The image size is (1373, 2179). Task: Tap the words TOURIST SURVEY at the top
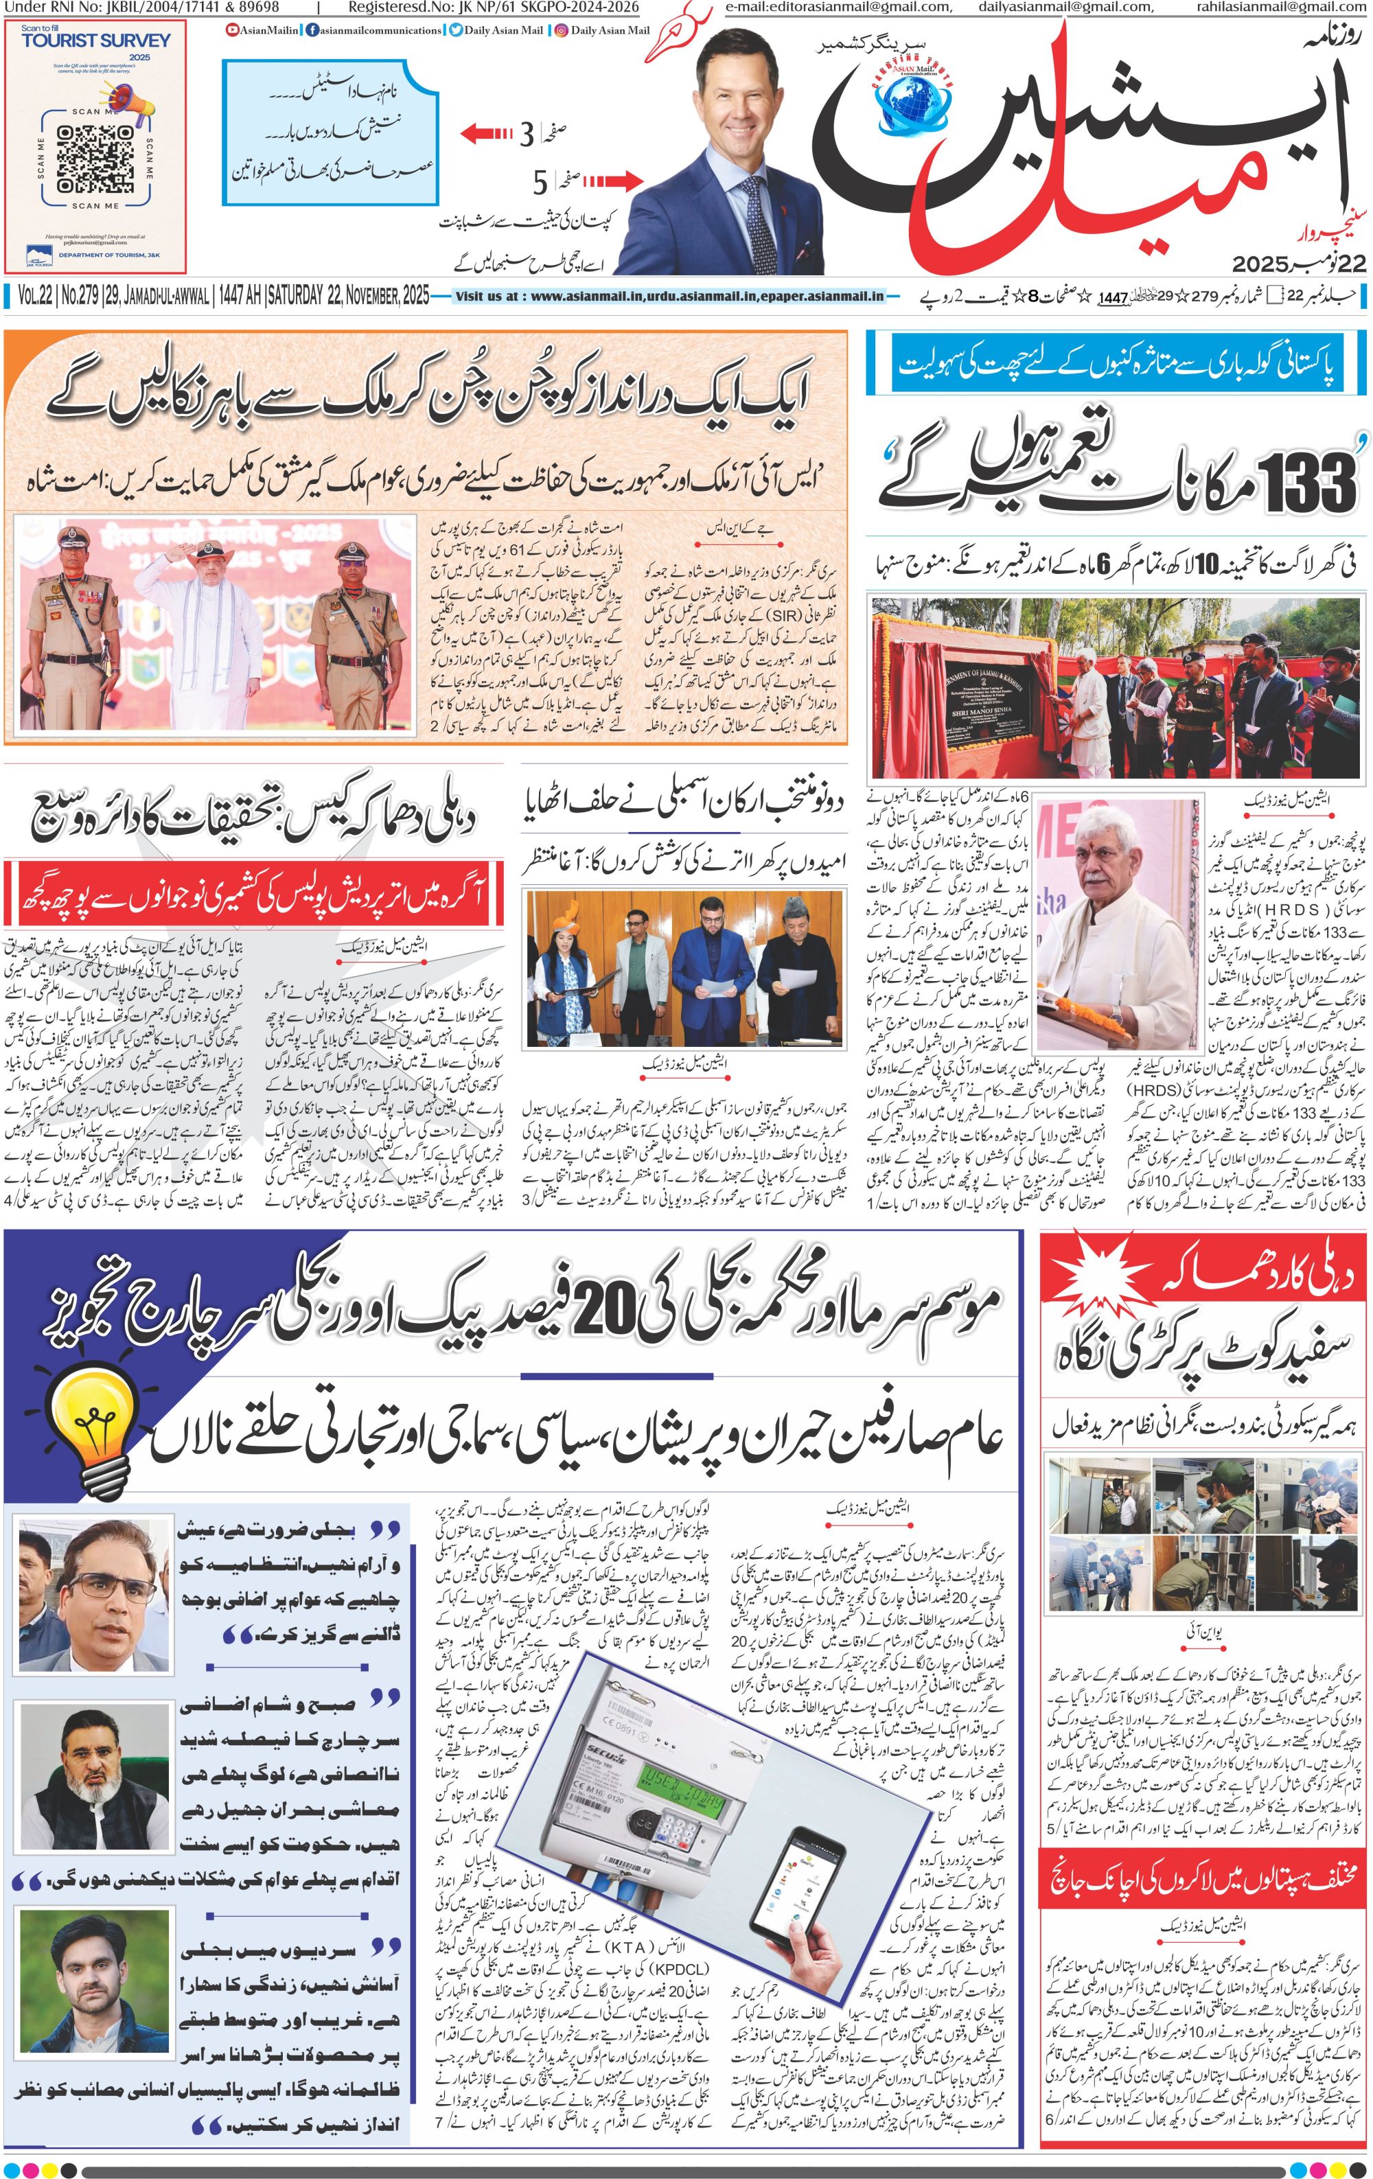click(x=96, y=41)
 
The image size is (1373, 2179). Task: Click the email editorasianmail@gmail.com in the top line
click(x=838, y=8)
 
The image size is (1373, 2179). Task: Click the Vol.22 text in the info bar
click(x=34, y=296)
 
